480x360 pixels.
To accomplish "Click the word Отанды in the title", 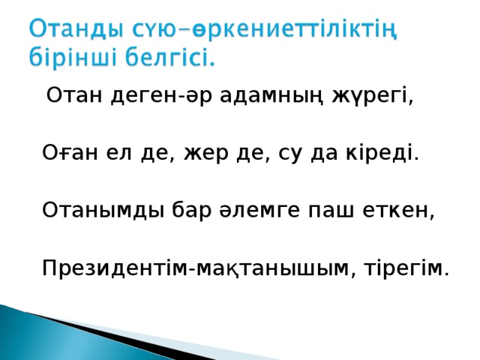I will (72, 32).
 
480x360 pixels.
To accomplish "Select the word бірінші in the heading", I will (71, 58).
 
